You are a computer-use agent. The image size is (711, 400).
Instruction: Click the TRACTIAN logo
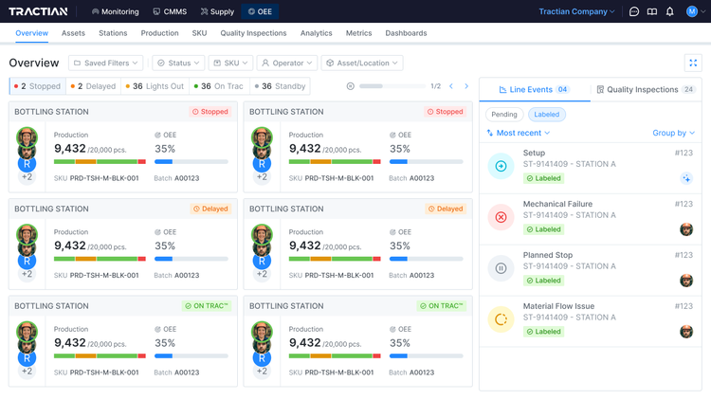40,11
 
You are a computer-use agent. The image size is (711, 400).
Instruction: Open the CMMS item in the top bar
170,11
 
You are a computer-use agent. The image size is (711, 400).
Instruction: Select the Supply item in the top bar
217,11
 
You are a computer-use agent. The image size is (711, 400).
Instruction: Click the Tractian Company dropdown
576,11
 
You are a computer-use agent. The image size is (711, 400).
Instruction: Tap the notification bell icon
670,11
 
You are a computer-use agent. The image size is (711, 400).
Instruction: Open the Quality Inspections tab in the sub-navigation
253,33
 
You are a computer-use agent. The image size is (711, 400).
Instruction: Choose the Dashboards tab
406,33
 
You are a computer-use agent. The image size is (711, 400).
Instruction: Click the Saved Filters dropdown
105,63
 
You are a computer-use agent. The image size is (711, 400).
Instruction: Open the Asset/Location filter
361,63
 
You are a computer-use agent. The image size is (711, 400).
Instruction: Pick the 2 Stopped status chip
37,86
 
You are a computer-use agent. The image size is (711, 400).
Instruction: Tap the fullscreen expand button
692,63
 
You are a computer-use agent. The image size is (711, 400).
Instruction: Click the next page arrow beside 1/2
466,86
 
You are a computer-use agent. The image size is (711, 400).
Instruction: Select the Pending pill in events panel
503,114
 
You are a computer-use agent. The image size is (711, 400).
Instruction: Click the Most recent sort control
519,133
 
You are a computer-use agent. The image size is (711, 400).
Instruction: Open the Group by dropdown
673,133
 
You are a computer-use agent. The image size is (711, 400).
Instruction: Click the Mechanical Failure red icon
501,217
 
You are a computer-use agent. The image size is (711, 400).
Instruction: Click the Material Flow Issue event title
558,306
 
